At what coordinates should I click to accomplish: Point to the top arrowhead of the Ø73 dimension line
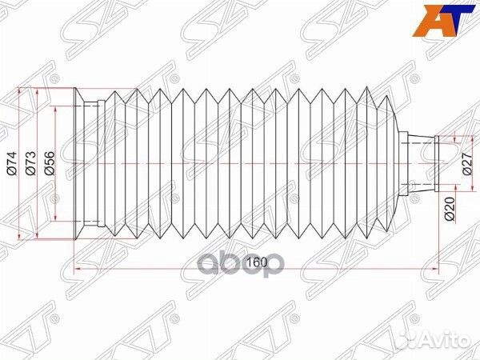(38, 91)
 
